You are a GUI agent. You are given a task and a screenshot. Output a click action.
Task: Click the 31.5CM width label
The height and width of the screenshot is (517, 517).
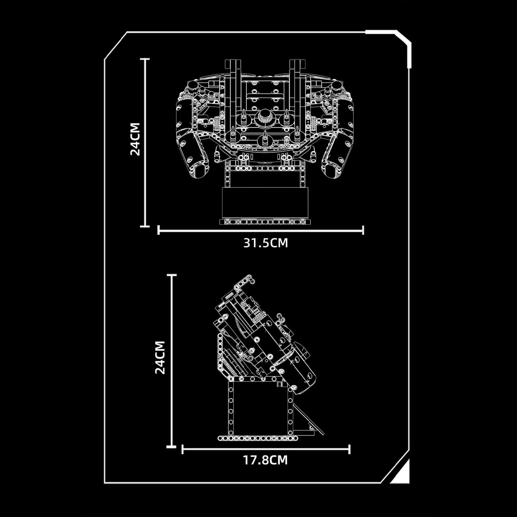coord(265,243)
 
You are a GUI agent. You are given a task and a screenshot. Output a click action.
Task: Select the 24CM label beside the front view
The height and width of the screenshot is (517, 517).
coord(135,139)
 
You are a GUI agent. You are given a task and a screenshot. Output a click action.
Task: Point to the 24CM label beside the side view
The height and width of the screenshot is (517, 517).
coord(160,357)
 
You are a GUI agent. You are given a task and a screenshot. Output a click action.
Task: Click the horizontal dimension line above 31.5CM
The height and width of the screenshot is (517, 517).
coord(260,230)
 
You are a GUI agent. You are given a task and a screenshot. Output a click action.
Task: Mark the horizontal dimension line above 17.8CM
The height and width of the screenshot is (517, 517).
coord(266,449)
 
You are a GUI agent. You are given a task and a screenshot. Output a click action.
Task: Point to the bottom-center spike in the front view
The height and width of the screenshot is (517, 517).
coord(265,139)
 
